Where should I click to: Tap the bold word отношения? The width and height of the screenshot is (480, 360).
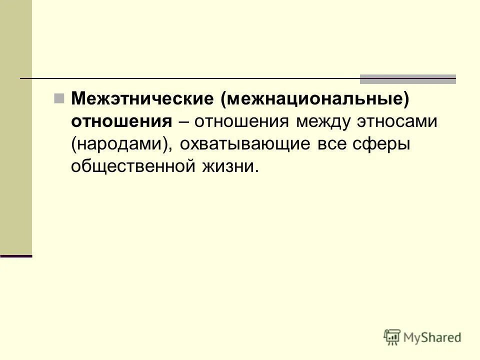(121, 121)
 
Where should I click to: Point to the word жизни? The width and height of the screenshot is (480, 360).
(230, 166)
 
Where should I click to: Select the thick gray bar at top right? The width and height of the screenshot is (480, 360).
(408, 79)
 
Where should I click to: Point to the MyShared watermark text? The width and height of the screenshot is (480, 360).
(432, 337)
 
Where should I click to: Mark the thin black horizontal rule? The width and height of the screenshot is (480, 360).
(190, 79)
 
